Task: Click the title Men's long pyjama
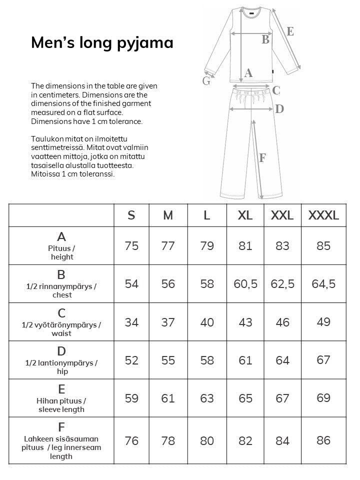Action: (102, 43)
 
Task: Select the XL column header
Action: (245, 215)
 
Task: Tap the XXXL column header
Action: (323, 215)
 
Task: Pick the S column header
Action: (131, 215)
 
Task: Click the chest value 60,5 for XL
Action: (245, 284)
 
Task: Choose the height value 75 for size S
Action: (131, 246)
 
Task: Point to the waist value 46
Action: (282, 322)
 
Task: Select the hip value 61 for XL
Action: (245, 360)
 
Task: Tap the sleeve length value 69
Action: (323, 398)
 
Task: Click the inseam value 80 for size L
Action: (207, 441)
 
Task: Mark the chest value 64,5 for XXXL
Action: (323, 284)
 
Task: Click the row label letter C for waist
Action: (61, 313)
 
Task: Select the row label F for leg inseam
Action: (61, 427)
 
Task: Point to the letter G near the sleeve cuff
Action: (206, 81)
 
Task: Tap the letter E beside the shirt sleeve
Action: (290, 31)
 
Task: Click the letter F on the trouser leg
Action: (262, 158)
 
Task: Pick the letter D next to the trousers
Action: (279, 108)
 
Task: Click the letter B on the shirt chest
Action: (265, 39)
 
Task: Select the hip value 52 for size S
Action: (131, 360)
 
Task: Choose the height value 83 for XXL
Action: (282, 246)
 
